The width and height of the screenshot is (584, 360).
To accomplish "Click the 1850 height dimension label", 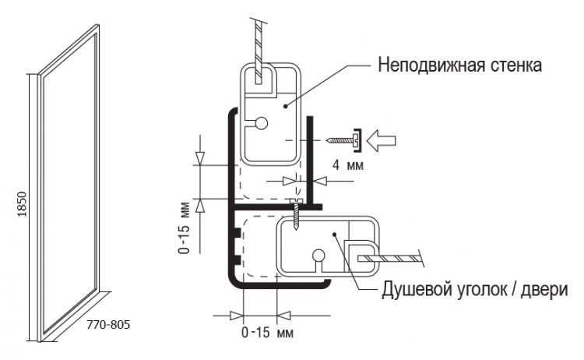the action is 23,204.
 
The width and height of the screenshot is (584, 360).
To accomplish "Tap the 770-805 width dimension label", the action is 108,325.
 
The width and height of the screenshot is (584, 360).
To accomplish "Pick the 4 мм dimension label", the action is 347,164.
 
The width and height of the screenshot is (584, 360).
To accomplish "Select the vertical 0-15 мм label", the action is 185,228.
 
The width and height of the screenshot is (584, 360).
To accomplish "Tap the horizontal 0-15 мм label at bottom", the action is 267,332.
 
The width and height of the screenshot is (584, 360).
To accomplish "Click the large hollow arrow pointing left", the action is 381,140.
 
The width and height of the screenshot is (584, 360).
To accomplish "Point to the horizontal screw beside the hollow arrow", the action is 343,140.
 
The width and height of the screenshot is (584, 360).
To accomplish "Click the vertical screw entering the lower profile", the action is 296,214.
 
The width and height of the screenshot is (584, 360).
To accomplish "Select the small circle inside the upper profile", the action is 262,123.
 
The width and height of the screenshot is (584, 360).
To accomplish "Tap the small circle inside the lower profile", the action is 318,256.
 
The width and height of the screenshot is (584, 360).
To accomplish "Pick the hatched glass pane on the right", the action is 391,258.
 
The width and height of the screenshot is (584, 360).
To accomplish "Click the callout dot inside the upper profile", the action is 286,106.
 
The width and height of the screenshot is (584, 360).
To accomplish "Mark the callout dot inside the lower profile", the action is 334,235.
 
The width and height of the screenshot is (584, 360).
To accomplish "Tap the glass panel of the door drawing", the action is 69,182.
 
